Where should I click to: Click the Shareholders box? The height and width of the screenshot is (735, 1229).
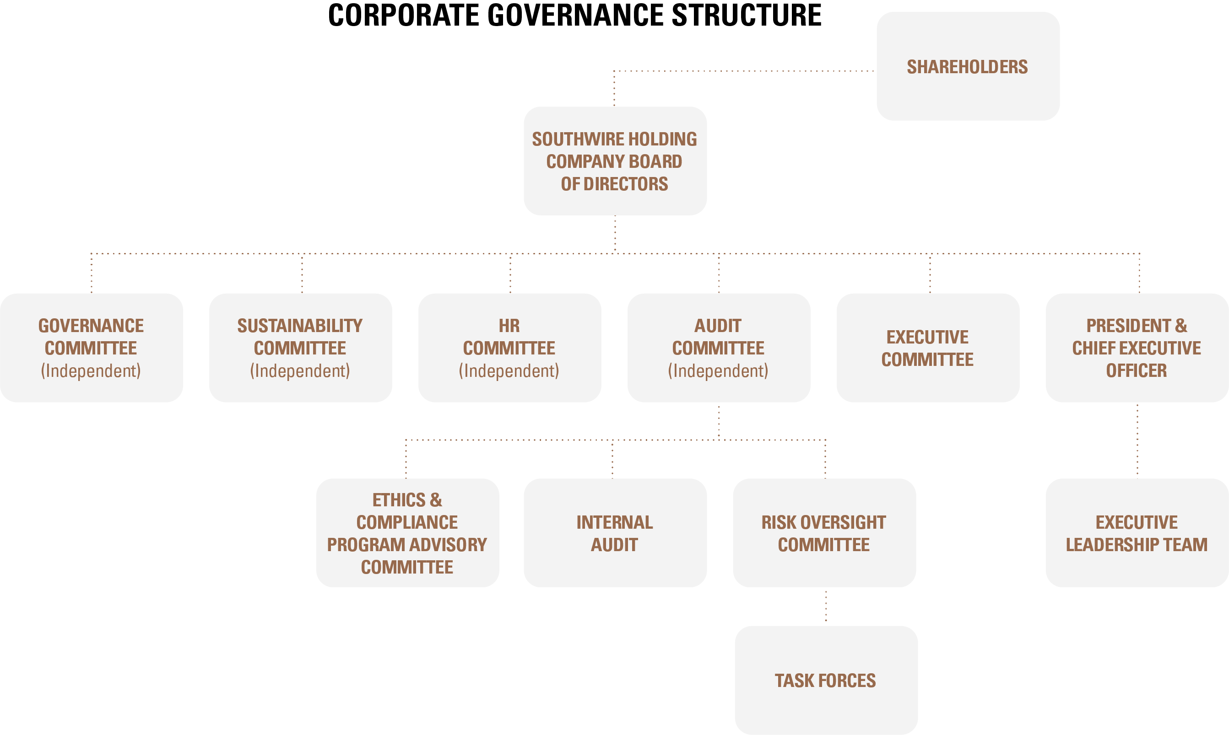[967, 66]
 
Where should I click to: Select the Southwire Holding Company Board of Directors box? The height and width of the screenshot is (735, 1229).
[614, 161]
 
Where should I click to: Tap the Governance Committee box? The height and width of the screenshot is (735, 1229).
[91, 348]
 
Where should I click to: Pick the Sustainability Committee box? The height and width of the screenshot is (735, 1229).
[300, 348]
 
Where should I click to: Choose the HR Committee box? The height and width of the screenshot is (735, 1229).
[509, 348]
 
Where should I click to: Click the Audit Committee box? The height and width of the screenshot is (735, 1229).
[719, 348]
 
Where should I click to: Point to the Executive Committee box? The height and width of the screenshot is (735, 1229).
[928, 348]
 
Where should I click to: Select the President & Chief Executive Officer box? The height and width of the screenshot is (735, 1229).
[1137, 348]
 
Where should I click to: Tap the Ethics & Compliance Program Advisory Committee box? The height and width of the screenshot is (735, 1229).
[407, 533]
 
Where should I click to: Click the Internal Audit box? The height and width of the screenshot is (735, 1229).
[614, 533]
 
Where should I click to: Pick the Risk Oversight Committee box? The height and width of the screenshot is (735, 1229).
[823, 533]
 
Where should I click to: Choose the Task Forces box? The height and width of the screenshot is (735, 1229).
[826, 680]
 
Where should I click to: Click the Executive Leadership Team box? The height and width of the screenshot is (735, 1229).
[1137, 533]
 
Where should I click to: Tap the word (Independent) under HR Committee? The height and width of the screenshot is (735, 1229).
[509, 370]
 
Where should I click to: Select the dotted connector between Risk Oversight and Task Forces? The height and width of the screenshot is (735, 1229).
[826, 606]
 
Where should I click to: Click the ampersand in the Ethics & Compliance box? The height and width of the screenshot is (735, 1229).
[436, 500]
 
